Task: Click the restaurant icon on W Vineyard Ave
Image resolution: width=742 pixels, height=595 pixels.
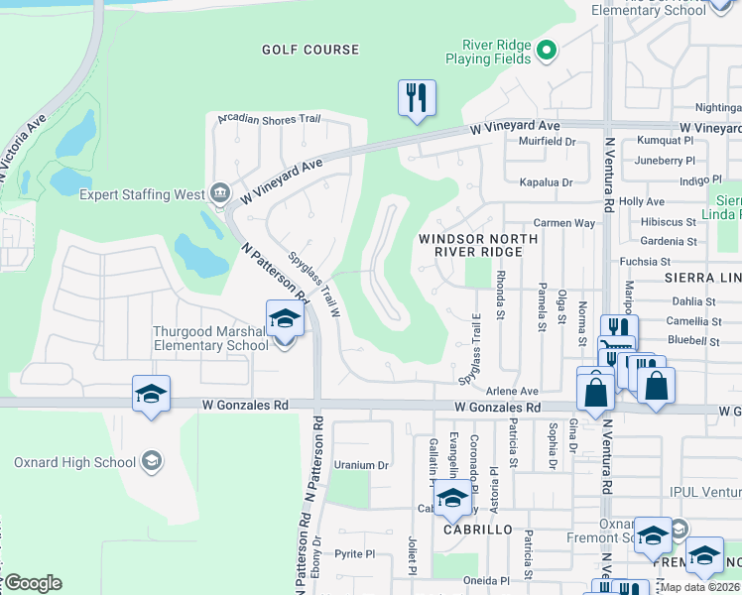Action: pos(417,98)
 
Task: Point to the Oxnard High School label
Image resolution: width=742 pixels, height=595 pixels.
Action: pos(74,462)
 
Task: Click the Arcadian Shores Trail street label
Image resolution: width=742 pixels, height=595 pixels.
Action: pos(269,120)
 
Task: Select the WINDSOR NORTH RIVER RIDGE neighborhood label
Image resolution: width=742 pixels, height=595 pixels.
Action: pos(478,245)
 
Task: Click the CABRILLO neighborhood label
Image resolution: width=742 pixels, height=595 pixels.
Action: pos(485,530)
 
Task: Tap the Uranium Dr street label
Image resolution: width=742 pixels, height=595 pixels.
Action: pos(361,464)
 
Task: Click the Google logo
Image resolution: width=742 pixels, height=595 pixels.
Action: pos(32,583)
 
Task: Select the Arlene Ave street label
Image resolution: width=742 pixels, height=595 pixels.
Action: pos(512,392)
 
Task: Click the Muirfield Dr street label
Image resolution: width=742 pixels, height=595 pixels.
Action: pos(547,142)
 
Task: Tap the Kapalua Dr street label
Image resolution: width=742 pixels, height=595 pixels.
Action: pos(547,182)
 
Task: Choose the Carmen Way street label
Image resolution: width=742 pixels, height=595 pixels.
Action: pos(563,223)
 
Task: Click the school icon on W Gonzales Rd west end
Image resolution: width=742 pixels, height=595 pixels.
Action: pos(151,394)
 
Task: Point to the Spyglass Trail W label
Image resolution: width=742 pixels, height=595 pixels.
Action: pos(314,284)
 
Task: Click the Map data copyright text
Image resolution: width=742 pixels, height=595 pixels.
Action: pos(697,587)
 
